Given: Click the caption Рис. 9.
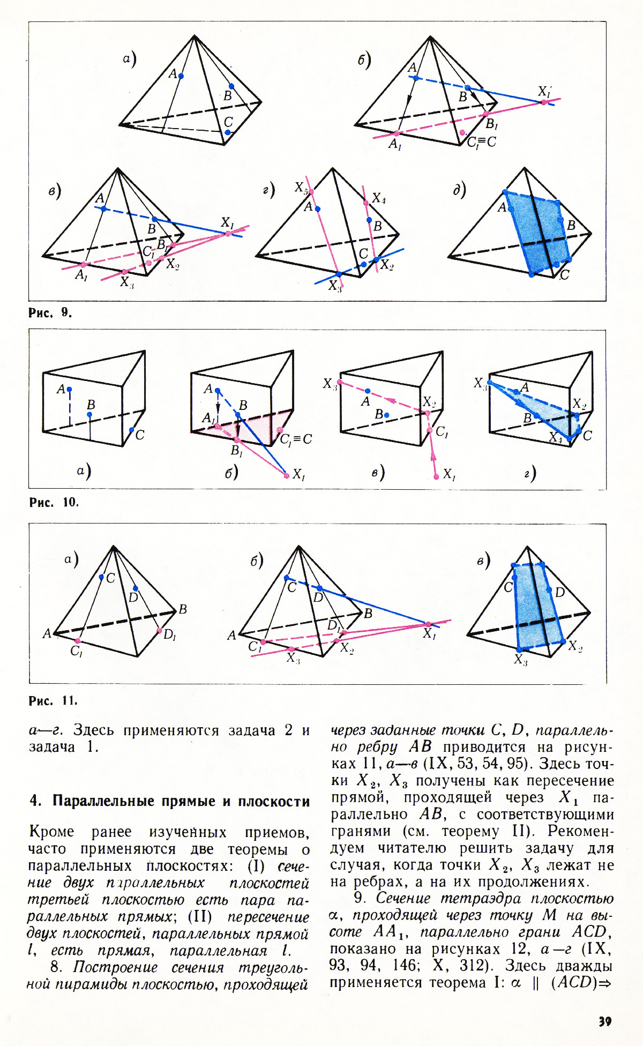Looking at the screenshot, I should click(50, 312).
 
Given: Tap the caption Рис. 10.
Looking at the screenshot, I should click(54, 502).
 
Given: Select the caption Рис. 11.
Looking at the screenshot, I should click(53, 700).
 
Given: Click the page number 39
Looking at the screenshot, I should click(605, 1021).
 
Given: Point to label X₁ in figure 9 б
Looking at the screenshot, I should click(544, 92).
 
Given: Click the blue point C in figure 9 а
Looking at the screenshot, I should click(228, 132).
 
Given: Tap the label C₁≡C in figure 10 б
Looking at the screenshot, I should click(296, 439).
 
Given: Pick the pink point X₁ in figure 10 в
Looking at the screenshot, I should click(436, 476).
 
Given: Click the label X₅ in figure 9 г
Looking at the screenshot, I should click(301, 188).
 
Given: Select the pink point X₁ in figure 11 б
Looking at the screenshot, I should click(428, 624).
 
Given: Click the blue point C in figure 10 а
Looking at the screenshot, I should click(131, 430).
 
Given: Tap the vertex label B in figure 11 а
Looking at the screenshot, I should click(183, 609).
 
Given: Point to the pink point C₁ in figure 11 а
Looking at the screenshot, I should click(78, 641).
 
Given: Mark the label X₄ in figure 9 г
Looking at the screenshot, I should click(379, 198).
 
